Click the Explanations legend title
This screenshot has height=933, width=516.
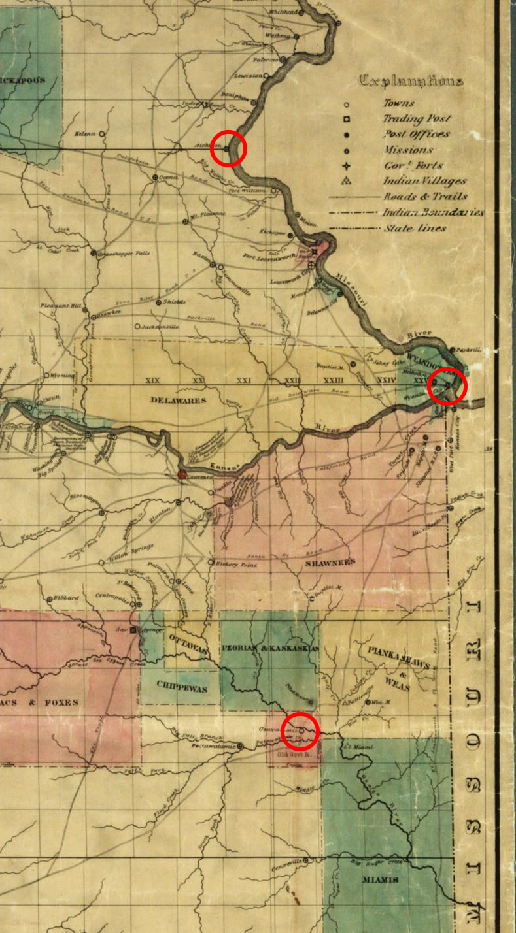411,82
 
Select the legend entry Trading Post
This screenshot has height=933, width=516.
417,119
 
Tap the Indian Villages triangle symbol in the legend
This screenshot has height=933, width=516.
346,181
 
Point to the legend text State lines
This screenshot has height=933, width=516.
415,228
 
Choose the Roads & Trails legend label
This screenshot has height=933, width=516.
417,197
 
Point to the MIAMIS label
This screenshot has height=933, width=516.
380,879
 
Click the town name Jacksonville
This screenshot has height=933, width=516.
160,326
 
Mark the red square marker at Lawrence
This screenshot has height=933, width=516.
182,474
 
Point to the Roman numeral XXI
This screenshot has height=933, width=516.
243,380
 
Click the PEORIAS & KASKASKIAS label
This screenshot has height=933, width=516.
269,649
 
